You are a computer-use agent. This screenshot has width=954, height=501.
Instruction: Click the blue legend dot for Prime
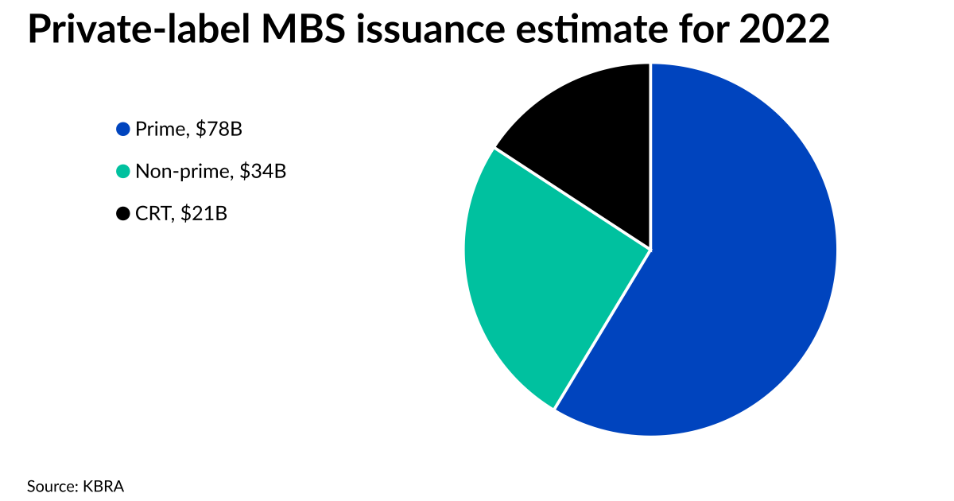[x=123, y=129]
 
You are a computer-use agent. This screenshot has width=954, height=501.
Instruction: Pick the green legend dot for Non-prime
[x=123, y=171]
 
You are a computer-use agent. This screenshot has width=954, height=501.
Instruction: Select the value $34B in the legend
[x=262, y=171]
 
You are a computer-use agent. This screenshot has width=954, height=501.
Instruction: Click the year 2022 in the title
[x=782, y=32]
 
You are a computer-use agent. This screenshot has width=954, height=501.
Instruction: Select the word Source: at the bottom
[x=52, y=485]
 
